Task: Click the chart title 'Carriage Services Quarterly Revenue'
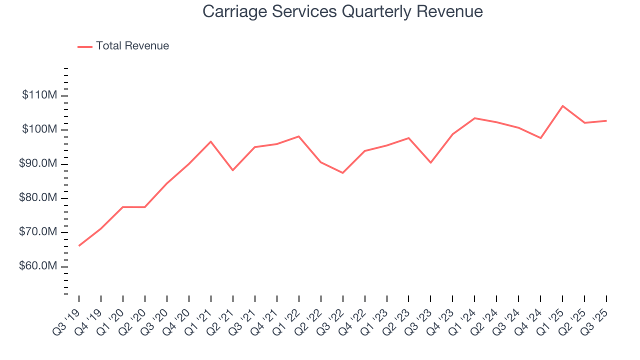click(x=342, y=11)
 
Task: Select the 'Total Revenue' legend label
click(x=132, y=46)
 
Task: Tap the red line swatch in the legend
click(x=85, y=46)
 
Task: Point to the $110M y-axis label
click(x=39, y=95)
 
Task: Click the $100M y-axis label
click(x=39, y=129)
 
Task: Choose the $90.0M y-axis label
click(x=38, y=164)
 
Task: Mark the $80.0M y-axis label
click(x=38, y=198)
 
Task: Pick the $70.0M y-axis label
click(x=38, y=232)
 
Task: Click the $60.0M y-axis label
click(x=38, y=266)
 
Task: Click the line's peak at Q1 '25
click(x=562, y=106)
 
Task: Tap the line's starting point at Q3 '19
click(x=79, y=245)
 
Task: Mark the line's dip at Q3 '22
click(x=342, y=172)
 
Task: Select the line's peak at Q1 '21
click(x=210, y=141)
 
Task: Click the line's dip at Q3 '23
click(x=430, y=162)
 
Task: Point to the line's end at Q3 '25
click(x=606, y=120)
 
